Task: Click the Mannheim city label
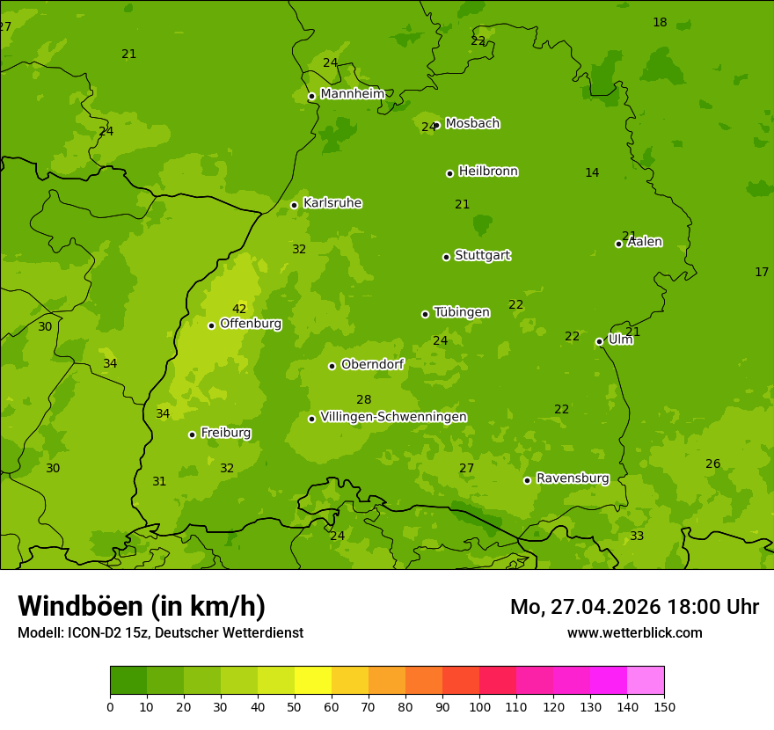tap(352, 94)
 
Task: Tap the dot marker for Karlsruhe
tap(294, 206)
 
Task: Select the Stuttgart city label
tap(482, 256)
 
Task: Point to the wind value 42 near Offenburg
tap(239, 309)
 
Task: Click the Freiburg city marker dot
tap(192, 434)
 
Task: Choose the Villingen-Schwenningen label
tap(393, 417)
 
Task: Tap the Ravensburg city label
tap(573, 478)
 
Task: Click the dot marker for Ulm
tap(599, 341)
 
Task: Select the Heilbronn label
tap(488, 172)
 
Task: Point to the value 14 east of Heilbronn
tap(592, 173)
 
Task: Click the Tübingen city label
tap(462, 312)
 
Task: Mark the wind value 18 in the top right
tap(660, 23)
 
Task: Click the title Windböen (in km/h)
tap(142, 606)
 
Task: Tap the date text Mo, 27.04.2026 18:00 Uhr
tap(634, 607)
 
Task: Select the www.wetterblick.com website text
tap(634, 632)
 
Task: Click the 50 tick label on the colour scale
tap(295, 707)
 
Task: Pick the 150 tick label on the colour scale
tap(663, 707)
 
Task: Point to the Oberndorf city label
tap(372, 364)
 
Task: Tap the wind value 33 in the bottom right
tap(637, 537)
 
